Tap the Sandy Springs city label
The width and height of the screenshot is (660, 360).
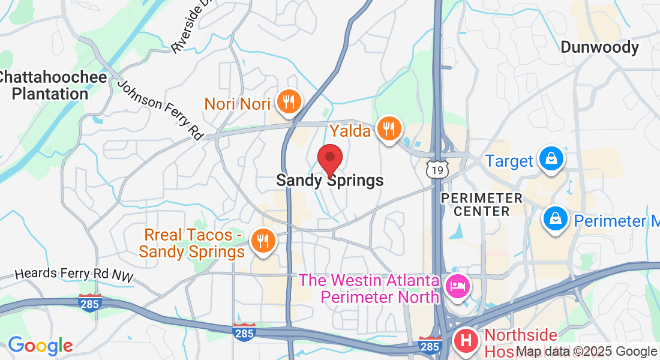pos(329,180)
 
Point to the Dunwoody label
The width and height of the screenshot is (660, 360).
pos(599,47)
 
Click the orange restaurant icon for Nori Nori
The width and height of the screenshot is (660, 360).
pos(290,102)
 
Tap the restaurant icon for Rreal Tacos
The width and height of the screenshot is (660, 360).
pos(262,241)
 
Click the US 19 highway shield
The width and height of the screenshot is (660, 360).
pos(437,170)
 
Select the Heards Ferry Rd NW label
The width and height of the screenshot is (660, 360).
pos(74,274)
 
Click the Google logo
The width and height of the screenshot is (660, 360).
pos(40,346)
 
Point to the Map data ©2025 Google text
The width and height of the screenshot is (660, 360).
pos(587,352)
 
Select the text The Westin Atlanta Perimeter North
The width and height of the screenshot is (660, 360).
pos(368,288)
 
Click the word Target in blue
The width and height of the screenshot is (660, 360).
pos(509,161)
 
